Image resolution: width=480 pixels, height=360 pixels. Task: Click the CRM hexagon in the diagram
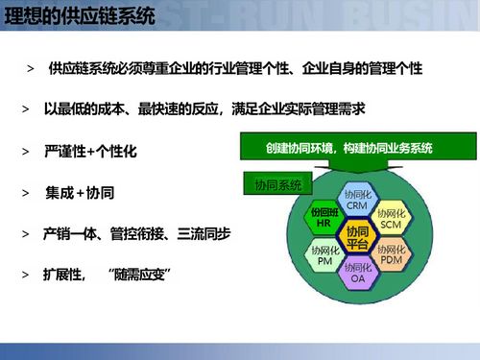click(x=357, y=200)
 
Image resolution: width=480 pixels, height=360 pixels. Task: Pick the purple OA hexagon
click(x=357, y=273)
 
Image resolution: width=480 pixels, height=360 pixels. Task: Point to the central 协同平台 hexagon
click(x=357, y=236)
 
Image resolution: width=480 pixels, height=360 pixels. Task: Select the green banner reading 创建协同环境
click(x=349, y=149)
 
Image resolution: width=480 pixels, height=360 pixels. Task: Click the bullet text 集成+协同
click(x=80, y=193)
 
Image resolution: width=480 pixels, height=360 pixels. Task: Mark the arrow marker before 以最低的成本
click(x=25, y=110)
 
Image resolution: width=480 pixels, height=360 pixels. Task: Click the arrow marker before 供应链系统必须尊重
click(x=32, y=71)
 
